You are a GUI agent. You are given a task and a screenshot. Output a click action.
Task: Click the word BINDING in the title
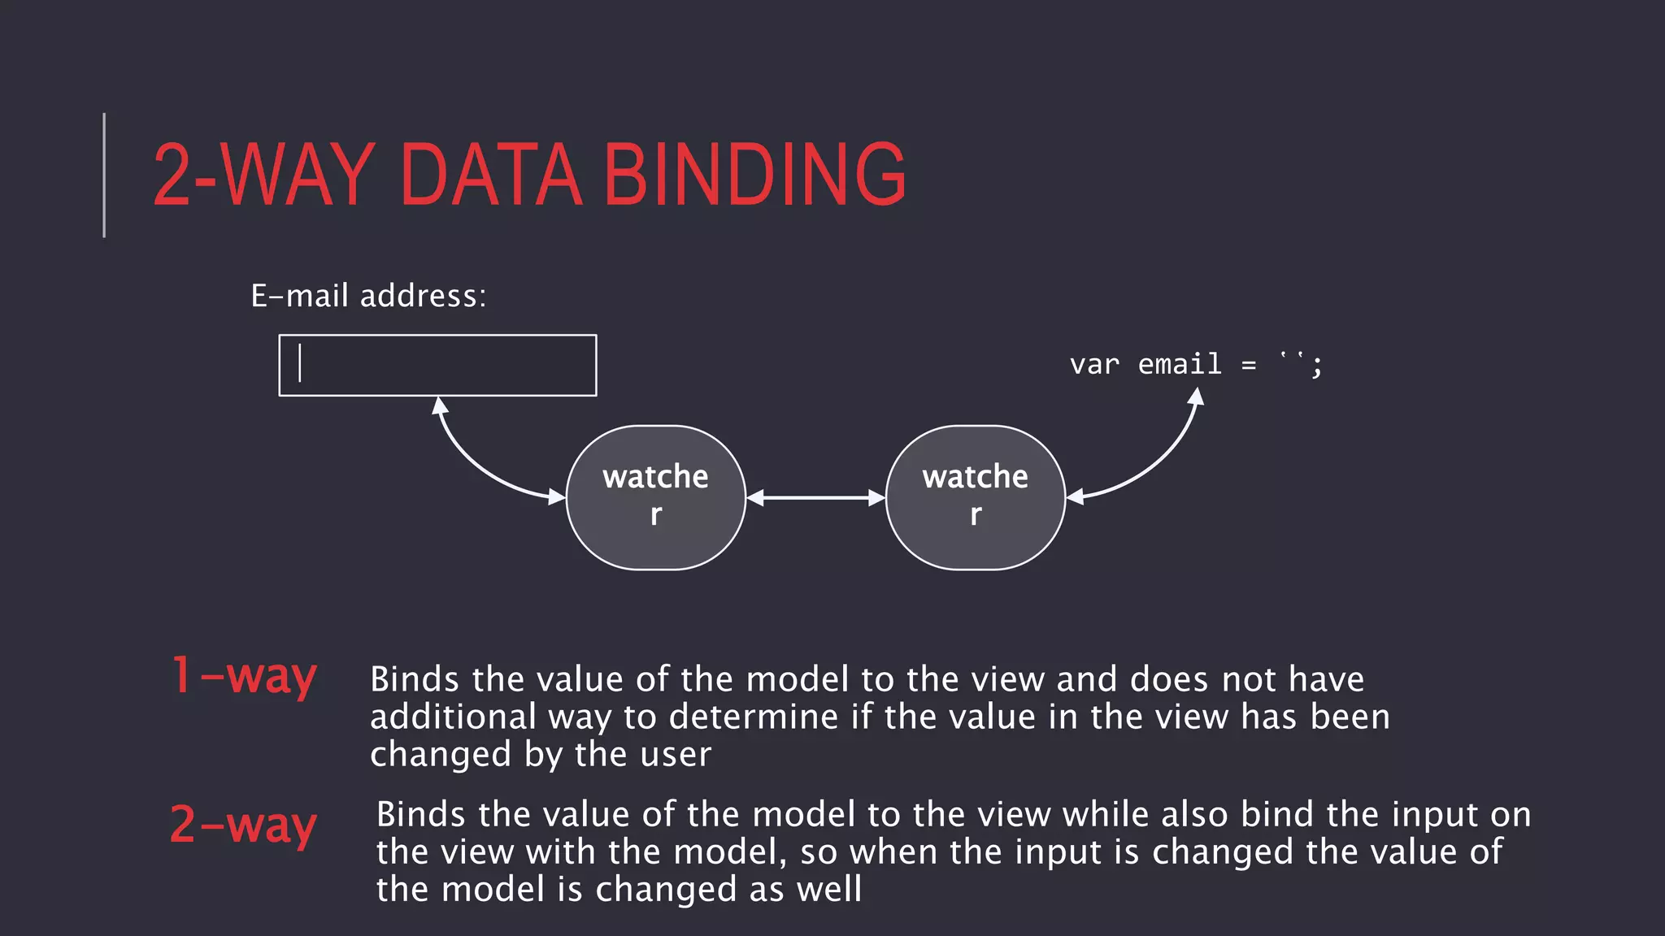point(754,174)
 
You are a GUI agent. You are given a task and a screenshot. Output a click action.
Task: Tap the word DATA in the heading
point(491,174)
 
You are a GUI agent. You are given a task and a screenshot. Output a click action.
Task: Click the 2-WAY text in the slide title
point(263,174)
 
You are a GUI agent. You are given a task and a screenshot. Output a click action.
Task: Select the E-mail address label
point(367,296)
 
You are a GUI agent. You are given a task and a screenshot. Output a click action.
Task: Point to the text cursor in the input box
point(300,363)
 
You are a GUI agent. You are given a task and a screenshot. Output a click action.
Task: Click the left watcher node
point(655,497)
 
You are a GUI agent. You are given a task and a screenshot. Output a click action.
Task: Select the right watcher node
point(975,497)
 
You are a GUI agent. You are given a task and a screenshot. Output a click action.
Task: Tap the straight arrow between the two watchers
point(815,497)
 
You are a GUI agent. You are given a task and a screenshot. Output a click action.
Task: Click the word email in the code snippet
point(1179,364)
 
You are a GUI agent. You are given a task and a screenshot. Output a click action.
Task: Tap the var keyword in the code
point(1094,365)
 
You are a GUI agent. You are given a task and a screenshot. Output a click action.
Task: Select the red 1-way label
point(243,677)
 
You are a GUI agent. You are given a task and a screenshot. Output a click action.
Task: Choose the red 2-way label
point(243,825)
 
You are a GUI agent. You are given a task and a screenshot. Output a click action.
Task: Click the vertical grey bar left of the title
point(104,175)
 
